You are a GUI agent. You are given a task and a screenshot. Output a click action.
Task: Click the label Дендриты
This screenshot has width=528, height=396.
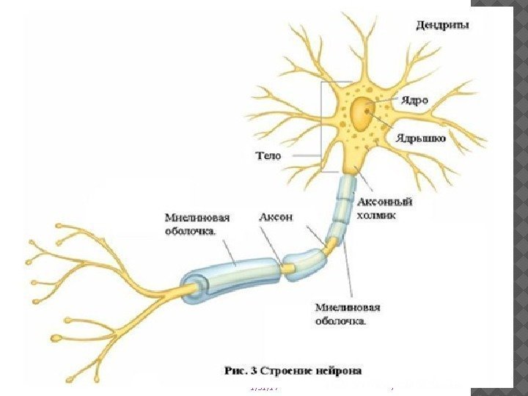(443, 26)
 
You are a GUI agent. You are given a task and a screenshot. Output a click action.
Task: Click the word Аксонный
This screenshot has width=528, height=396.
(382, 200)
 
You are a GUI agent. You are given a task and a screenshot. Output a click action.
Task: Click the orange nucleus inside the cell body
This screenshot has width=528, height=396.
(362, 114)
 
